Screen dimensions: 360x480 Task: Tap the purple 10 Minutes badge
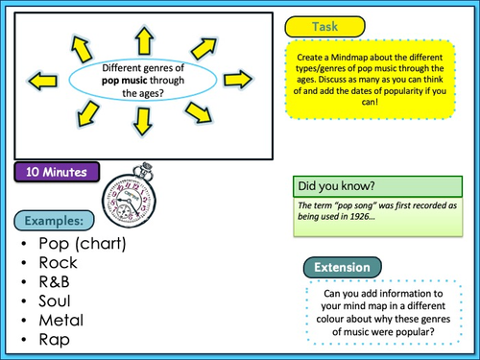[59, 173]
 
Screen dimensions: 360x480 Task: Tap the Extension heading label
[343, 266]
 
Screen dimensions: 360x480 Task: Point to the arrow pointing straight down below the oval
[143, 121]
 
